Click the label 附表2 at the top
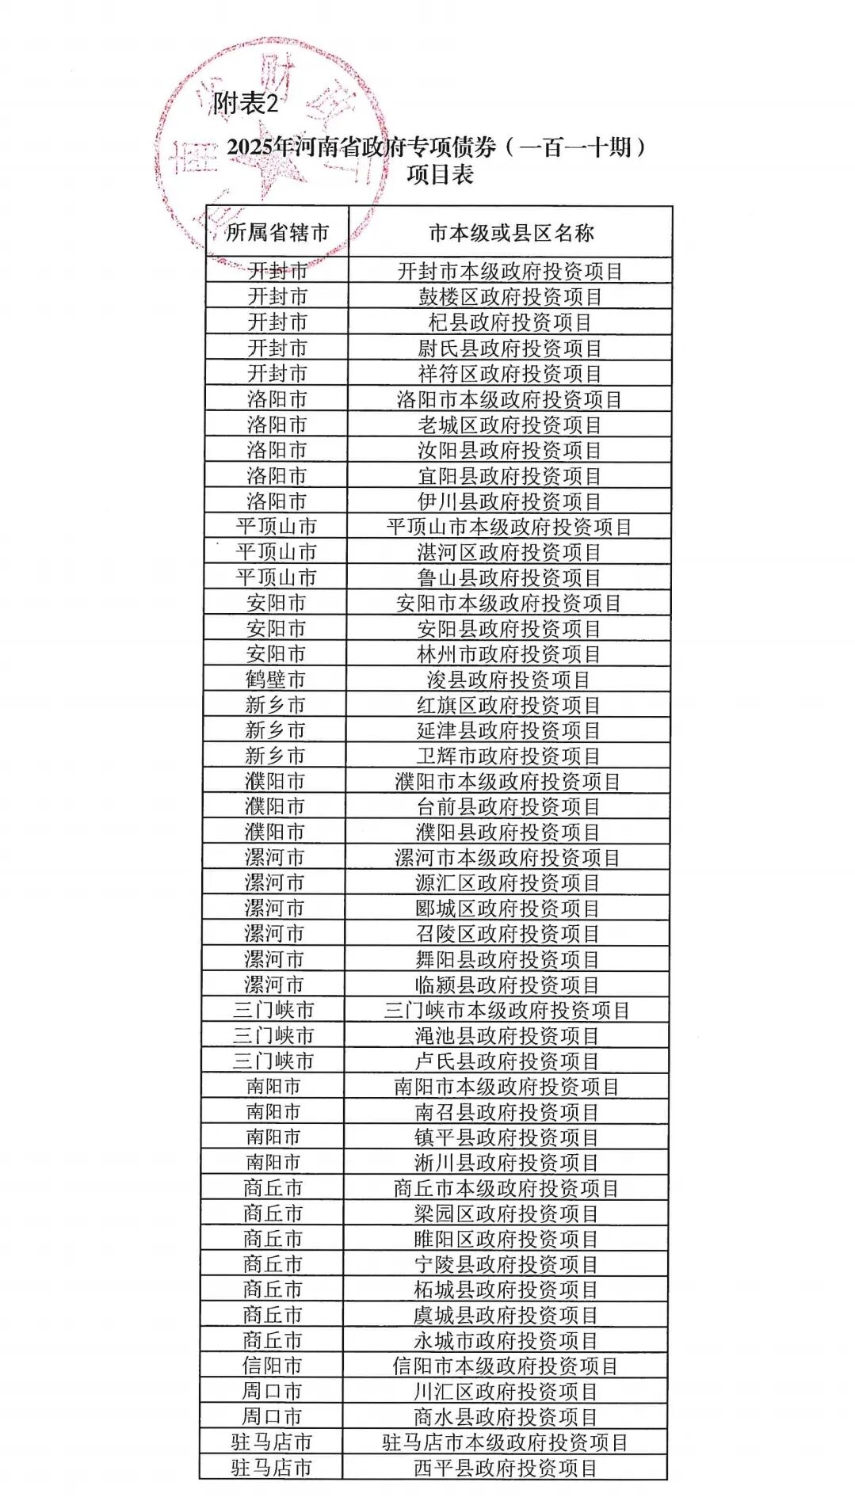(246, 104)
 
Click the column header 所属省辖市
(277, 232)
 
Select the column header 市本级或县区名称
(510, 232)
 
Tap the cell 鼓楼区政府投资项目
(510, 297)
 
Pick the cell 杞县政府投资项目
(510, 322)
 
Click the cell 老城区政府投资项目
(510, 425)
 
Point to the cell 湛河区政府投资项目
(509, 552)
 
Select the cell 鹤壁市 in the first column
(275, 680)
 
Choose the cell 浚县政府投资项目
(508, 680)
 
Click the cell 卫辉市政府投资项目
(508, 756)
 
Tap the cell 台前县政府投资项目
(508, 806)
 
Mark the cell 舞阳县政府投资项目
(507, 959)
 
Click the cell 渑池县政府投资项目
(506, 1035)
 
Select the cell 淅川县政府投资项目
(506, 1163)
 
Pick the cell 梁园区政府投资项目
(506, 1213)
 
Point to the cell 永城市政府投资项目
(506, 1340)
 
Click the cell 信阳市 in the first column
(272, 1366)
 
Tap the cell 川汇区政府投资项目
(506, 1391)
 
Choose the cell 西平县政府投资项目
(506, 1468)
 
